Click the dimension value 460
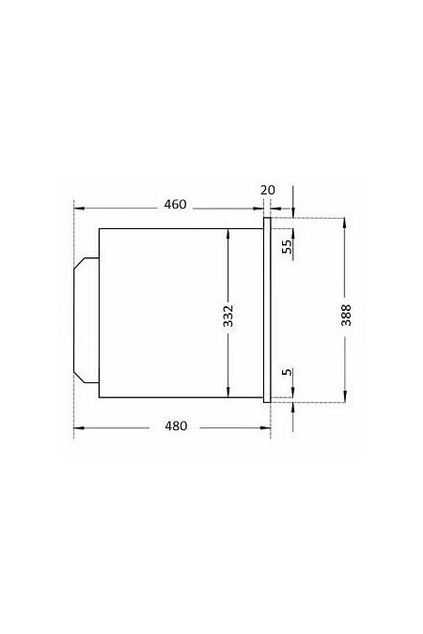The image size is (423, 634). point(175,205)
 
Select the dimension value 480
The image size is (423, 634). point(176,425)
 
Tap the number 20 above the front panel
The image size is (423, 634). point(268,190)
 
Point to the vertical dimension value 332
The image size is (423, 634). point(228,316)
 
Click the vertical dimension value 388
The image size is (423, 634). point(346,315)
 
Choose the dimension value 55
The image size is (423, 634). point(287,246)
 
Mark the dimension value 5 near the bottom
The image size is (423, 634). point(287,372)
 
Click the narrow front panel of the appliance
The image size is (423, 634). point(267,310)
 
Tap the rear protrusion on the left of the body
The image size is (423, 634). point(86,320)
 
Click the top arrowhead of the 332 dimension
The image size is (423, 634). point(228,233)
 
